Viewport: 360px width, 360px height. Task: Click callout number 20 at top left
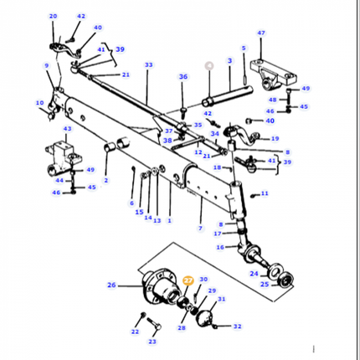coord(54,16)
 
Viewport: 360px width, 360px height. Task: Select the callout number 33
coord(148,64)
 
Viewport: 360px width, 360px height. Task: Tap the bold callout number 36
coord(183,78)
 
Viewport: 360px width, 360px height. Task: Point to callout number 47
coord(261,33)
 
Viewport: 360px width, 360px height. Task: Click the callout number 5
coord(244,49)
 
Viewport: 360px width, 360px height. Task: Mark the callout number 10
coord(39,103)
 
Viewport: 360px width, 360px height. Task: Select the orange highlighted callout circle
coord(188,281)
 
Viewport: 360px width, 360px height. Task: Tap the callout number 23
coord(152,342)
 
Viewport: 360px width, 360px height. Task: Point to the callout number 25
coord(265,285)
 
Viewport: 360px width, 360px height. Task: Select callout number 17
coord(219,234)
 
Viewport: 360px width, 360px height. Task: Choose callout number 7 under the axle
coord(200,229)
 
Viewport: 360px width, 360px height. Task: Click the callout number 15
coord(139,212)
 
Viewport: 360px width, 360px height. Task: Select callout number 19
coord(275,139)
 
